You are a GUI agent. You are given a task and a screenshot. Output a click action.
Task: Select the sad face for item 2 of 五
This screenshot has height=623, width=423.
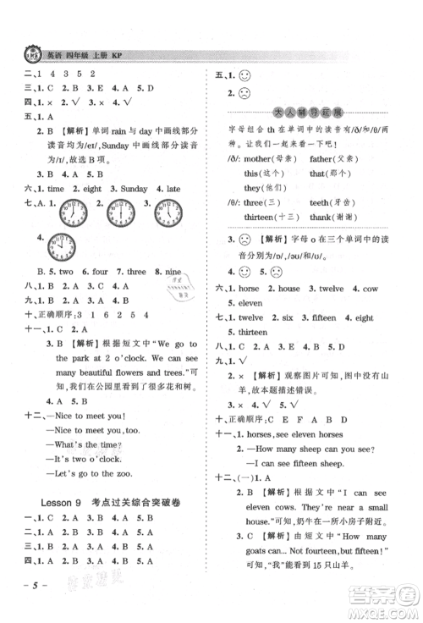click(x=245, y=95)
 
